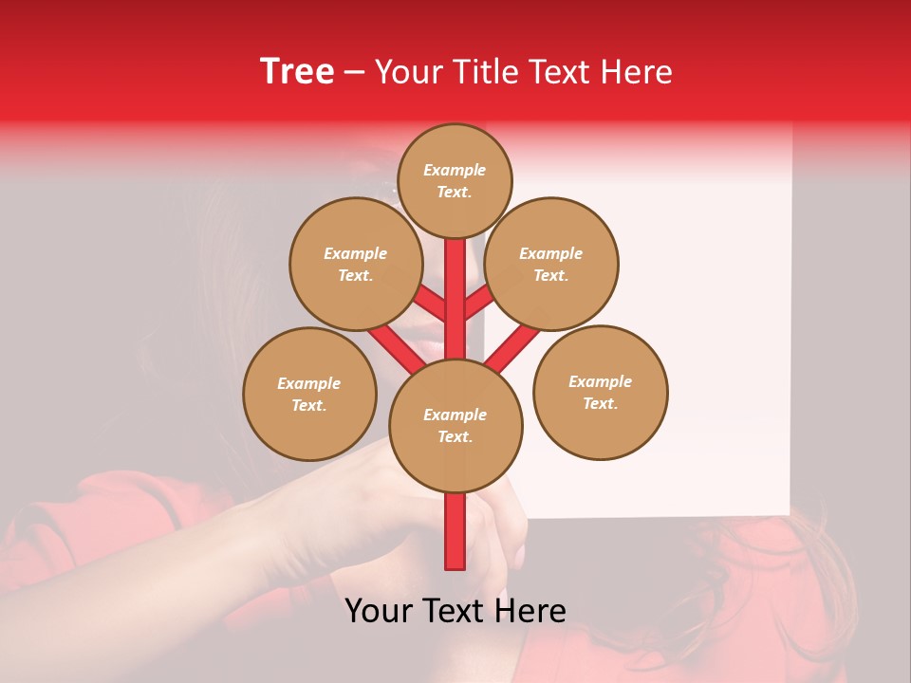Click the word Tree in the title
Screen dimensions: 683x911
tap(297, 72)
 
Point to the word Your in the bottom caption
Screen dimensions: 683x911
tap(380, 611)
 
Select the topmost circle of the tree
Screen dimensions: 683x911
tap(455, 180)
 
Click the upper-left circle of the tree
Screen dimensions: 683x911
tap(356, 264)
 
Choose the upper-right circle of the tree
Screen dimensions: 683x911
tap(551, 264)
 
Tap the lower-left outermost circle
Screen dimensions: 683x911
tap(309, 394)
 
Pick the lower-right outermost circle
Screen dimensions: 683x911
tap(600, 392)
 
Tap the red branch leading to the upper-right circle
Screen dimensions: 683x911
tap(479, 303)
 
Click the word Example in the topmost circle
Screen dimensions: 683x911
tap(455, 170)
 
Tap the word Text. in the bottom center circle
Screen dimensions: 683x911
tap(455, 436)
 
